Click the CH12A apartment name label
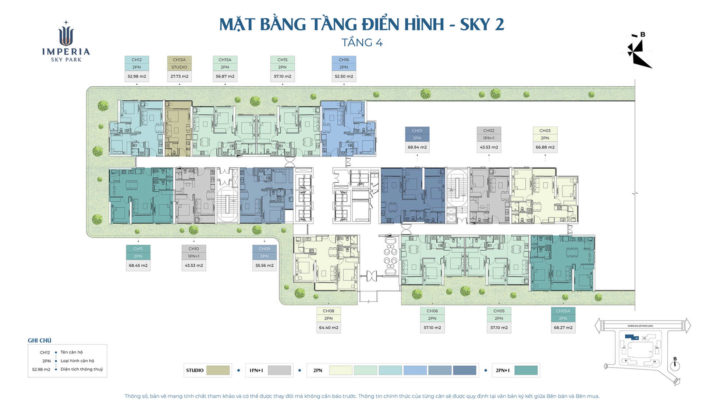tap(179, 60)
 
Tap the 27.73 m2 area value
tap(179, 76)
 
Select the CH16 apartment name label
tap(344, 60)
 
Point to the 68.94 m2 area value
tap(417, 147)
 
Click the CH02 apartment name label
tap(489, 130)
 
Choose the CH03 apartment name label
tap(545, 130)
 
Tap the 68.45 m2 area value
tap(138, 265)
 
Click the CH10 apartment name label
tap(194, 249)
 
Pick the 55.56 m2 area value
tap(264, 265)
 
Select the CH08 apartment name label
tap(328, 311)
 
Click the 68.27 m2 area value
tap(563, 328)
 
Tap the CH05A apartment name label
tap(563, 311)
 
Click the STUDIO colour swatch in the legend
tap(218, 370)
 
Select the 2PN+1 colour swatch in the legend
tap(526, 370)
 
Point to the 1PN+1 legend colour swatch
tap(279, 370)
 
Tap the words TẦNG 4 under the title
tap(362, 43)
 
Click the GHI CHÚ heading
tap(39, 340)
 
